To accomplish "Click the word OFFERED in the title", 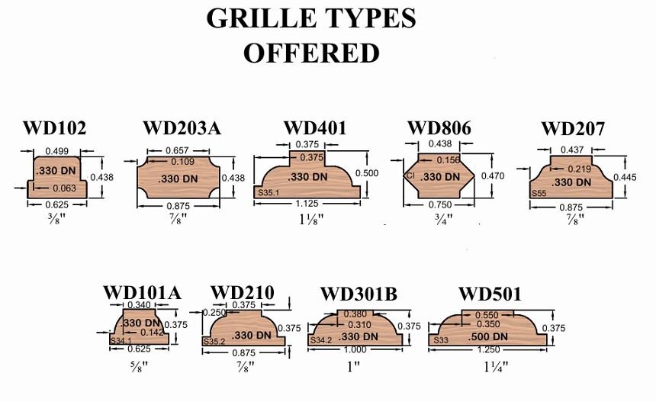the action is (311, 53).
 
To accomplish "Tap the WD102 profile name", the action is (54, 128).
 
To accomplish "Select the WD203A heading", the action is (182, 128).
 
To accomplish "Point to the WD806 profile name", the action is (439, 128).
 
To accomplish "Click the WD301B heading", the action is (359, 294).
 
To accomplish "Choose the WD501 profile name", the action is (490, 294).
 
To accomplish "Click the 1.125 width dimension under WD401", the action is (307, 204).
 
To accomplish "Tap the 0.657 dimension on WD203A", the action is (178, 150).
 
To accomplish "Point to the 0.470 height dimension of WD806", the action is (493, 176).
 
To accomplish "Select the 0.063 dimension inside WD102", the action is (64, 188).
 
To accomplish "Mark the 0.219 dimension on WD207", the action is (580, 169).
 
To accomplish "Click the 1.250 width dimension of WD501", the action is (488, 349).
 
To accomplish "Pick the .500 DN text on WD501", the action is (487, 336).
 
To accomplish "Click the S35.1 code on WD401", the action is (269, 193).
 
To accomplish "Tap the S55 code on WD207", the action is (539, 194).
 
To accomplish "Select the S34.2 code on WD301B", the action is (321, 340).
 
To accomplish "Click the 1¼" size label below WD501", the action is (496, 367).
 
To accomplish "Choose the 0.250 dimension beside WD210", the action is (214, 313).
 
